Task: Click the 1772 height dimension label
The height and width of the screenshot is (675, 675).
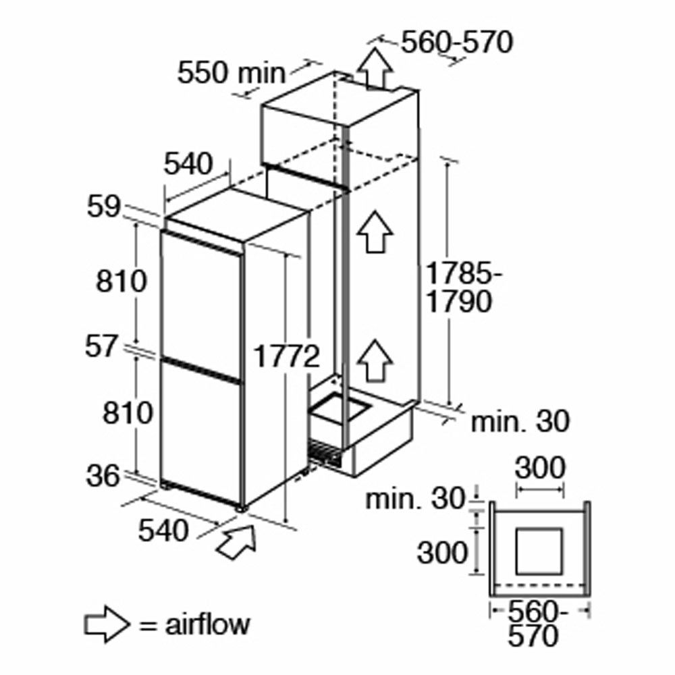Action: coord(288,356)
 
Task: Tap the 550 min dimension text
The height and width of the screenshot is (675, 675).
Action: coord(232,72)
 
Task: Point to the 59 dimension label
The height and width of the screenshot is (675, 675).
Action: coord(104,207)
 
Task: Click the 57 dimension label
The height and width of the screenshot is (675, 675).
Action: coord(101,347)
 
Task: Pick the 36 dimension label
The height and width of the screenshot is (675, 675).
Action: coord(103,477)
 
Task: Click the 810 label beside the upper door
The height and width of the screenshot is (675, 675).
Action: coord(122,281)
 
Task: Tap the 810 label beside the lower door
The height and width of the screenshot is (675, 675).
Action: coord(128,413)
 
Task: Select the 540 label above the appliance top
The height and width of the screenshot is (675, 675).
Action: coord(189,164)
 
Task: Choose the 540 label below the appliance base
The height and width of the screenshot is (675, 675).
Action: coord(163,531)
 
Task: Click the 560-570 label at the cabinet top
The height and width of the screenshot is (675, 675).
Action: coord(457,42)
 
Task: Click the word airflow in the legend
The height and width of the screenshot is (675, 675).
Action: coord(207,624)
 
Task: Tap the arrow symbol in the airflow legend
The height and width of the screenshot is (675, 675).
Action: coord(107,624)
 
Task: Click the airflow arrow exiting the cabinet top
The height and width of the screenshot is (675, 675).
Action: coord(375,68)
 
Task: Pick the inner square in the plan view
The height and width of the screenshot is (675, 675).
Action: coord(539,551)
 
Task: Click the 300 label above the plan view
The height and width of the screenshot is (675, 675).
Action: coord(540,468)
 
